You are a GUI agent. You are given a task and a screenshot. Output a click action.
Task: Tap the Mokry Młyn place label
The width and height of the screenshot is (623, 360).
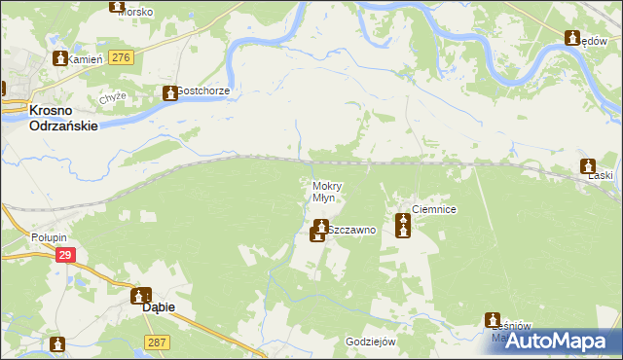pos(323,192)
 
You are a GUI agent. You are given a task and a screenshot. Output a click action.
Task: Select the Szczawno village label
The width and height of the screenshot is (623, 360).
pos(350,232)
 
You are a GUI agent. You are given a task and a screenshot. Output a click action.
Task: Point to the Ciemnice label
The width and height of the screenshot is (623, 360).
pos(434,209)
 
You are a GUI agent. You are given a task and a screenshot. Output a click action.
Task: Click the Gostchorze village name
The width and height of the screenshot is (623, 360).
pos(202,91)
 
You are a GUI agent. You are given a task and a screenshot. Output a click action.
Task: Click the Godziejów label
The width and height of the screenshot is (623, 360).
pos(370,342)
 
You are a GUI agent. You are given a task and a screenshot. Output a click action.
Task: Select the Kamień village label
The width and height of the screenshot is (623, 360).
pos(87,59)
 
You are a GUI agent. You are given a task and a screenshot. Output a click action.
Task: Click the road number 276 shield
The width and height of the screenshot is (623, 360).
pos(121,59)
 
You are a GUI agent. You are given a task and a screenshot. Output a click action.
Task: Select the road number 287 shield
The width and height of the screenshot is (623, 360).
pos(157,342)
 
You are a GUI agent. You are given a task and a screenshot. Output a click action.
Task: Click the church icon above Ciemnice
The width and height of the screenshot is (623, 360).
pos(403,227)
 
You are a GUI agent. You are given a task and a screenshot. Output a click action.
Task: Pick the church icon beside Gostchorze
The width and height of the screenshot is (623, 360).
pos(166,92)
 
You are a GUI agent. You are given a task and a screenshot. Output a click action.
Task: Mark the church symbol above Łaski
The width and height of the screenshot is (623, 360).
pos(587,165)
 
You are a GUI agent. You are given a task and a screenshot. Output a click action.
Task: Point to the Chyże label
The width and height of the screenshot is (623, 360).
pos(110,97)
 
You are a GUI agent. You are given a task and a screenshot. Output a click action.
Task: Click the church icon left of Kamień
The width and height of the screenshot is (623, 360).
pos(60,58)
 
